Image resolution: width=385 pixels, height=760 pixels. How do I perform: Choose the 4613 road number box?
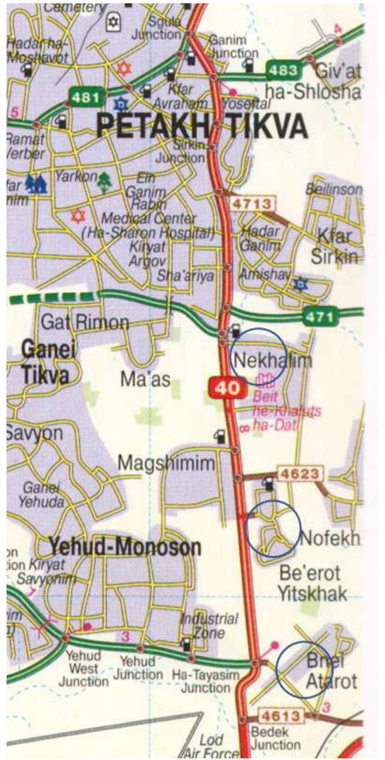[x=281, y=716]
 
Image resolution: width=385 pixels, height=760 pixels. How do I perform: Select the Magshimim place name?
[x=166, y=463]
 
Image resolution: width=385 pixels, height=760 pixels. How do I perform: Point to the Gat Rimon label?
[x=85, y=323]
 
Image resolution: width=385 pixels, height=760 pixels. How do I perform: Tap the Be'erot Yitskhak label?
[x=311, y=583]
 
